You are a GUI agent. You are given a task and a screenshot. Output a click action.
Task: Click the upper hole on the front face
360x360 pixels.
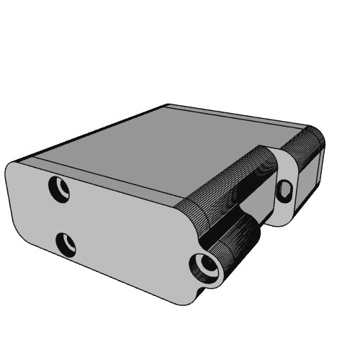click(x=58, y=189)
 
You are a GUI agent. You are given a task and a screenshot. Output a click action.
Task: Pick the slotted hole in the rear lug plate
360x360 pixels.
click(x=286, y=191)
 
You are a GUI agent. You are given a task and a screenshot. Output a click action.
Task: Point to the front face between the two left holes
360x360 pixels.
click(x=63, y=216)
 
